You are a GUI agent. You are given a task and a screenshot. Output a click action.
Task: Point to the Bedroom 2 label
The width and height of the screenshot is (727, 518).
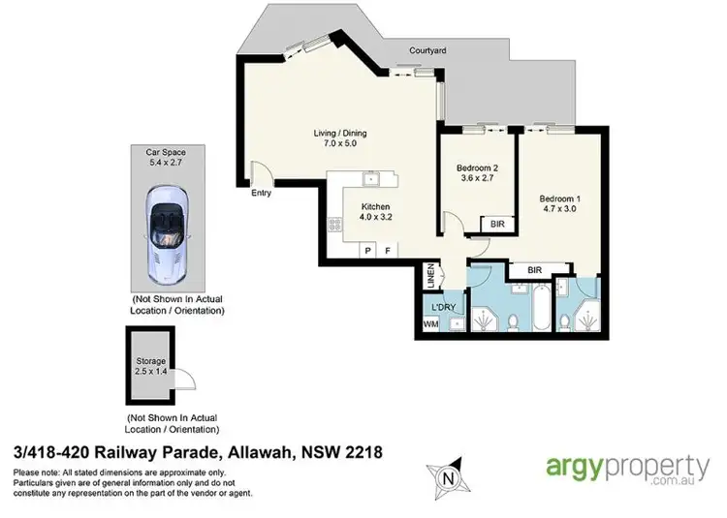[x=477, y=172]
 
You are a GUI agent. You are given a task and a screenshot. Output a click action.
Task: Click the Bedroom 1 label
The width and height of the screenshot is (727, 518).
[x=560, y=205]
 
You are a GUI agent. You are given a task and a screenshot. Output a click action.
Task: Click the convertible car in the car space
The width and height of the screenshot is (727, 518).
[x=167, y=230]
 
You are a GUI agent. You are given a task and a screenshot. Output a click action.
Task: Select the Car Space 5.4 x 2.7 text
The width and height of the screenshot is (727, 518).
[x=166, y=158]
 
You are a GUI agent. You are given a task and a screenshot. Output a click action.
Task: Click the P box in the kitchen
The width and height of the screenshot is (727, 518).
[x=367, y=250]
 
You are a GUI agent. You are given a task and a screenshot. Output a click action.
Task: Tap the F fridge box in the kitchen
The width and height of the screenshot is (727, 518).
[x=389, y=250]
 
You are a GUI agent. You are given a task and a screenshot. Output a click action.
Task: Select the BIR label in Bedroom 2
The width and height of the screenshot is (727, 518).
[x=497, y=224]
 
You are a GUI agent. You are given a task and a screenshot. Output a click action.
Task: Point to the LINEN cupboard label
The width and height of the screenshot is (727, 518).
[x=431, y=276]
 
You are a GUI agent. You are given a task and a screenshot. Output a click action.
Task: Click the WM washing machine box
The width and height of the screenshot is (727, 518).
[x=430, y=324]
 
